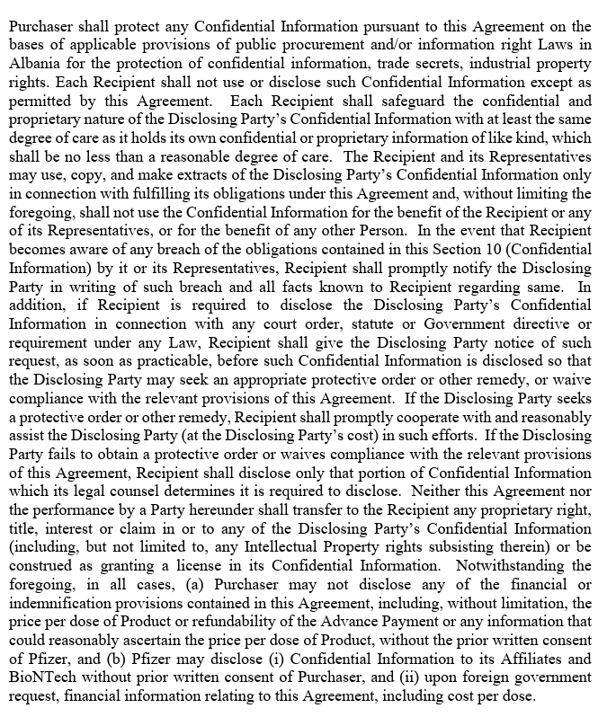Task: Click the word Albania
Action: click(x=35, y=64)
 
